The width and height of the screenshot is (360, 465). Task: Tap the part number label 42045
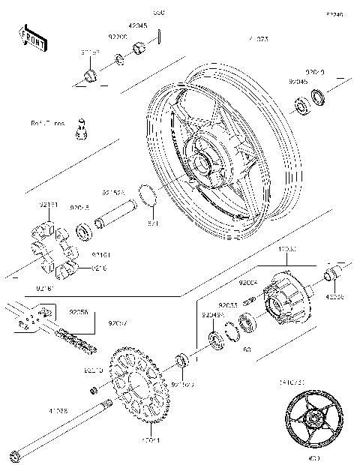(138, 25)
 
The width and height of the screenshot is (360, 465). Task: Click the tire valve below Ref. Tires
(82, 131)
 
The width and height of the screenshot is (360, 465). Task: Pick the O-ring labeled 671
(150, 196)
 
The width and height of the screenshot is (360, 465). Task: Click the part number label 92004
(248, 284)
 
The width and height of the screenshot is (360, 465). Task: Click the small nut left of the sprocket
(93, 390)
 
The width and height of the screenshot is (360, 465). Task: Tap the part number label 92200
(118, 37)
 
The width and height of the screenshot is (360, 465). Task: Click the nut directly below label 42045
(139, 50)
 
